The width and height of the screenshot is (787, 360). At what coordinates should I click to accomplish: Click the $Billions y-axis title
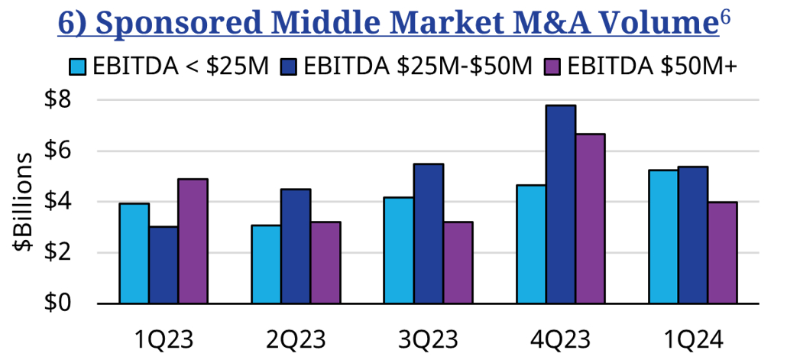[23, 202]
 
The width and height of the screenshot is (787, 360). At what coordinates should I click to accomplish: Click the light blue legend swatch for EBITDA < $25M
[78, 66]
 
